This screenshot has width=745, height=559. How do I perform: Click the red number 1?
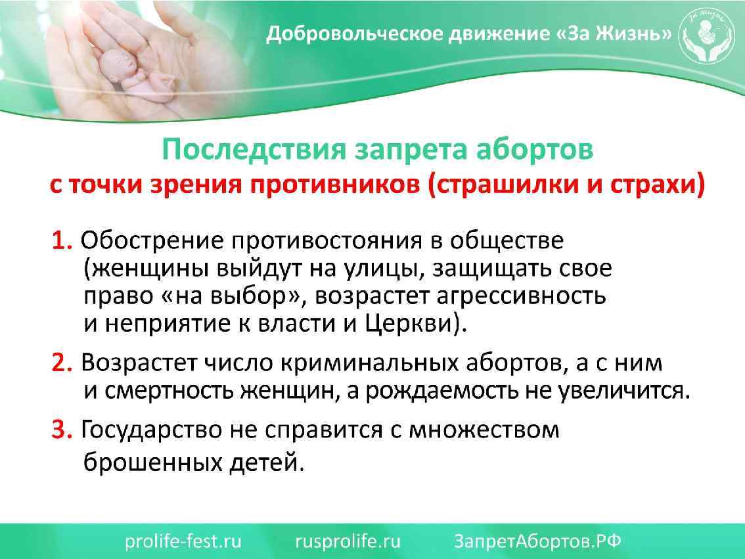[x=61, y=241]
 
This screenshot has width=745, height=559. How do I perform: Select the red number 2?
[x=62, y=363]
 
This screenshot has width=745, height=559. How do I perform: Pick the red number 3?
[x=62, y=430]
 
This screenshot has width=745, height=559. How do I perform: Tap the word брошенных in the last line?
[x=152, y=462]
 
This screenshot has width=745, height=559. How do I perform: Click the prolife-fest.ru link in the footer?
[x=183, y=541]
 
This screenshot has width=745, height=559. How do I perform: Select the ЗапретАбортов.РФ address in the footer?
[x=538, y=541]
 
